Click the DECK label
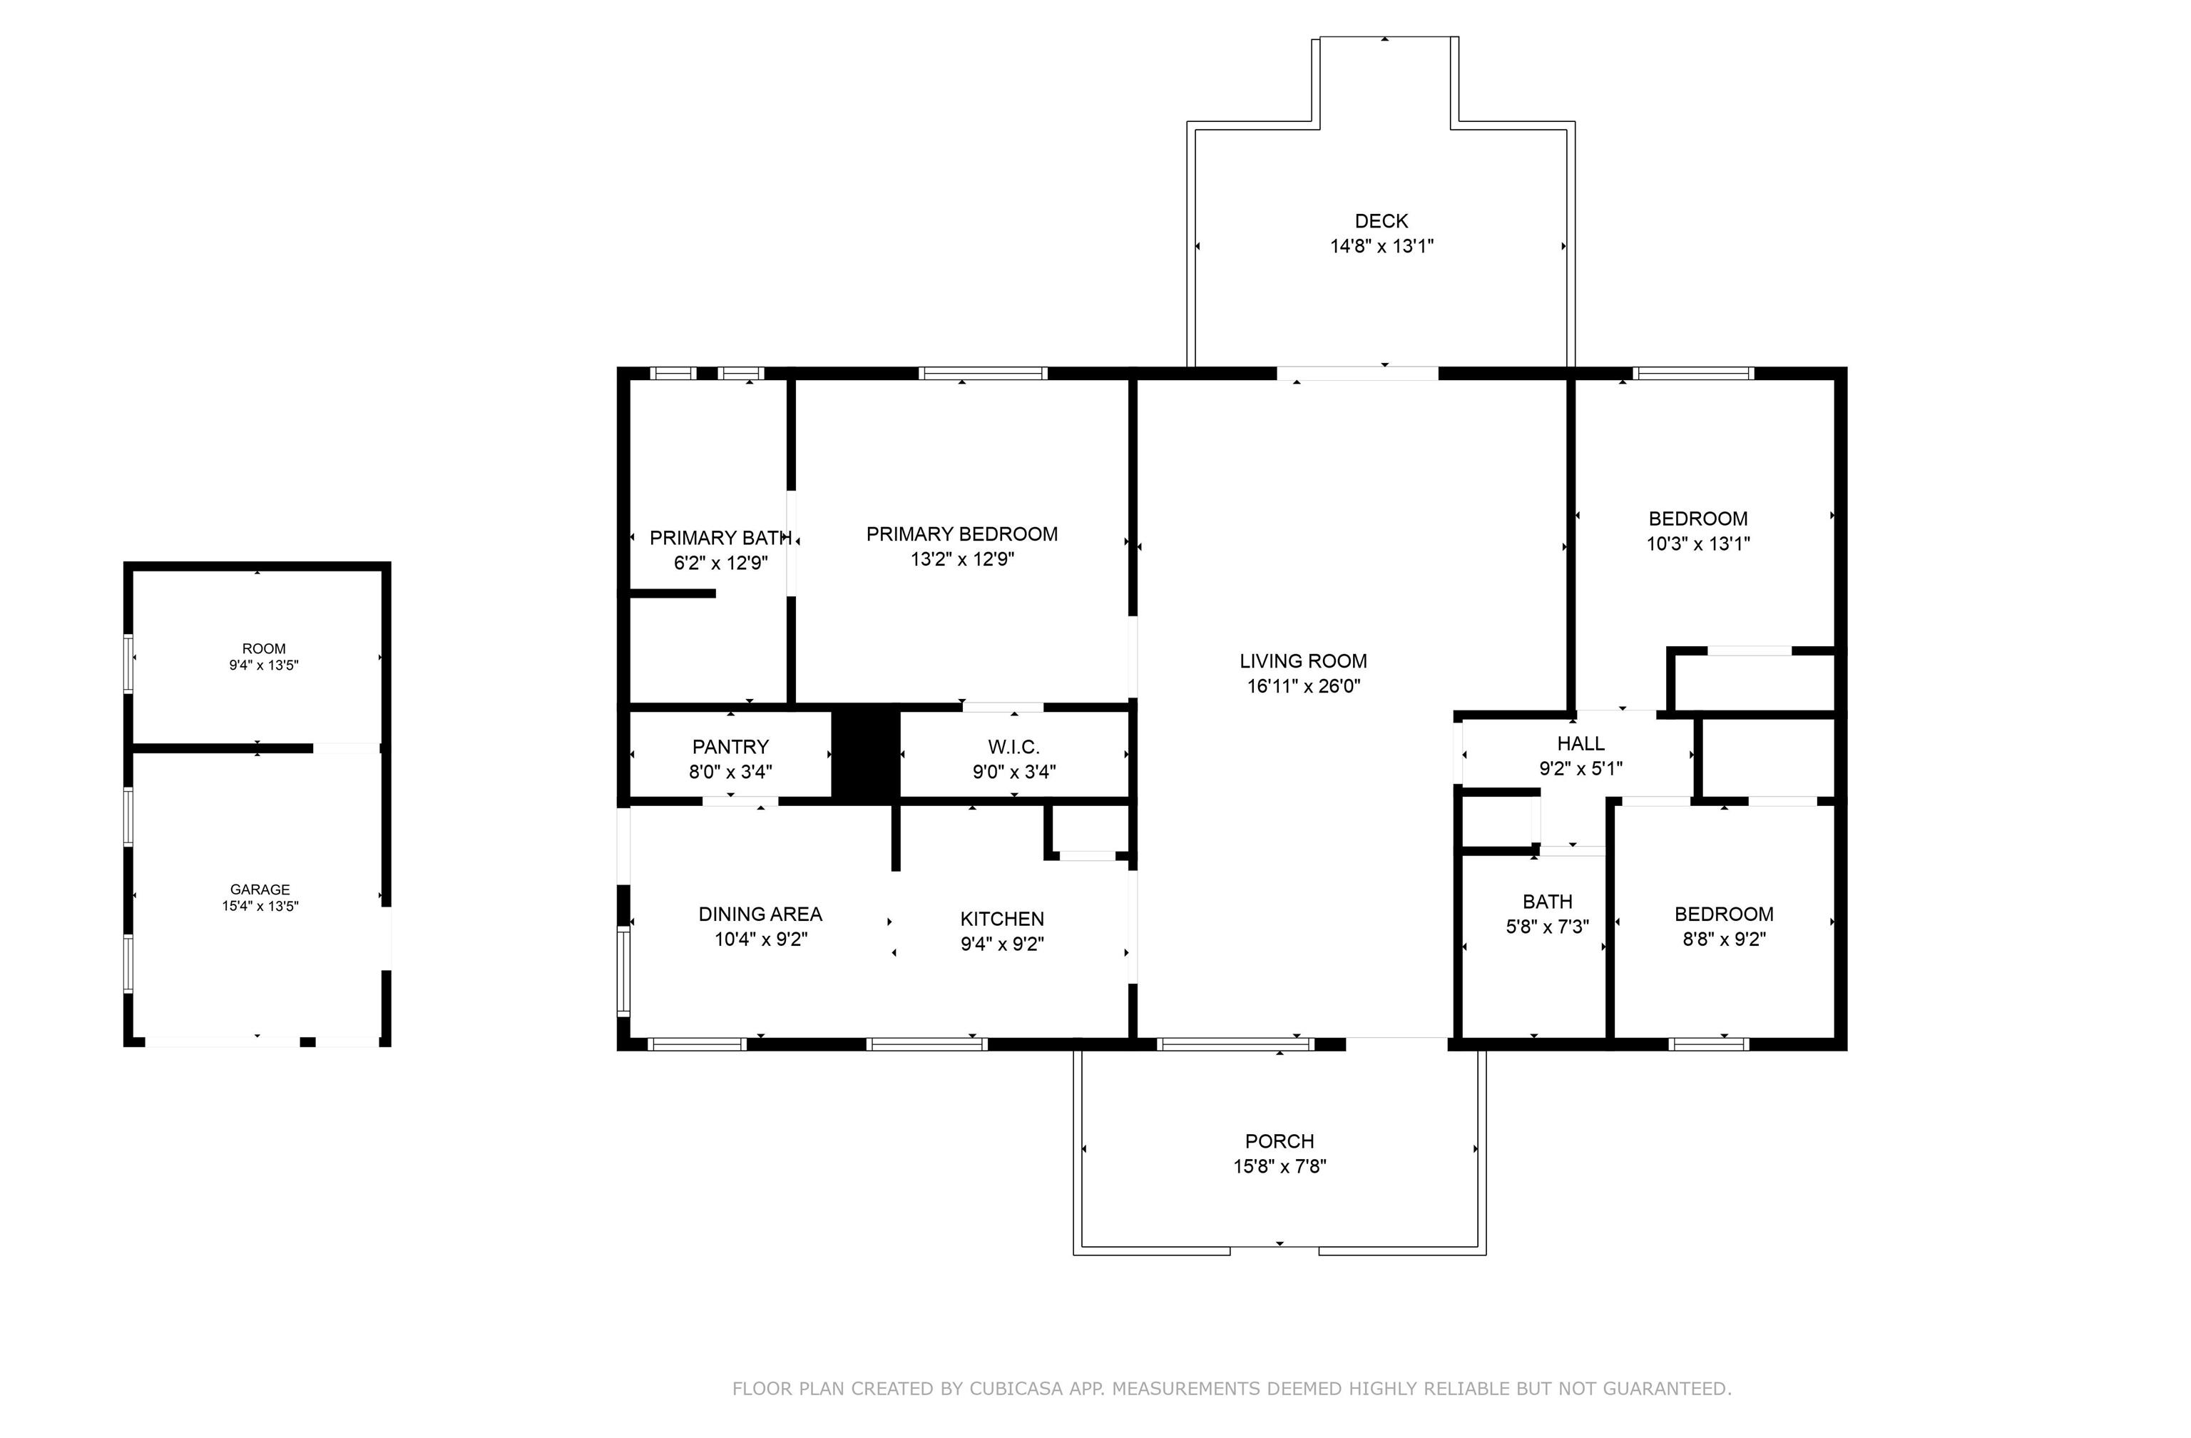[x=1381, y=221]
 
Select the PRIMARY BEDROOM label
[x=962, y=534]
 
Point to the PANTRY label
[x=730, y=747]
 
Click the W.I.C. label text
[x=1013, y=747]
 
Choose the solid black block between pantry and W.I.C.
[x=865, y=752]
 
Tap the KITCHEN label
[x=1001, y=919]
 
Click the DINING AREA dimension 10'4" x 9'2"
[x=760, y=939]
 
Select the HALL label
[x=1580, y=743]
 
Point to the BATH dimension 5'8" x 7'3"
[x=1548, y=926]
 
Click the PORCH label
[x=1280, y=1141]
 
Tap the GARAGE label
[x=260, y=889]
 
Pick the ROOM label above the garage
[x=264, y=649]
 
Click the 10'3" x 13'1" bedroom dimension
[x=1697, y=543]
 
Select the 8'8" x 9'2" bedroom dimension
[x=1723, y=939]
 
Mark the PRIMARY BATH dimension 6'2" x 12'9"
[x=721, y=563]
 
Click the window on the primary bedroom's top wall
[x=984, y=373]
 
